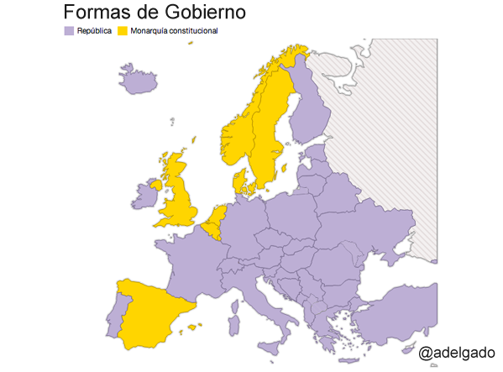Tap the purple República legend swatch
pyautogui.click(x=69, y=31)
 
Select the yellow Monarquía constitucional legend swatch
pyautogui.click(x=123, y=31)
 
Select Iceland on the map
pyautogui.click(x=138, y=81)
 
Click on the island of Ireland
pyautogui.click(x=144, y=196)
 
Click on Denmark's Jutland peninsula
pyautogui.click(x=239, y=181)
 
